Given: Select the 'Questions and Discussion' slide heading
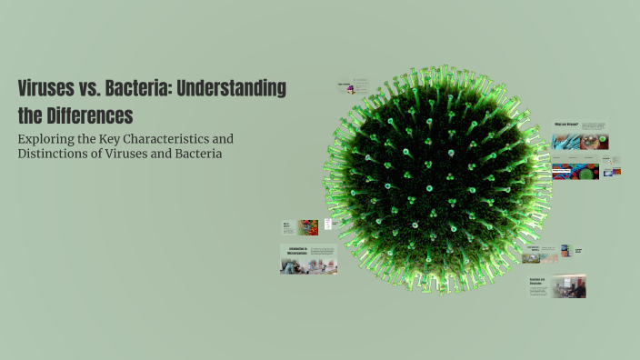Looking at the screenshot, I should pos(537,282).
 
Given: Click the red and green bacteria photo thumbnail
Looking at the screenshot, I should pos(308,227).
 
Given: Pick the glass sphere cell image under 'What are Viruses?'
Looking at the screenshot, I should pos(595,141).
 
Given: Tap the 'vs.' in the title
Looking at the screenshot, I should pos(101,89).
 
